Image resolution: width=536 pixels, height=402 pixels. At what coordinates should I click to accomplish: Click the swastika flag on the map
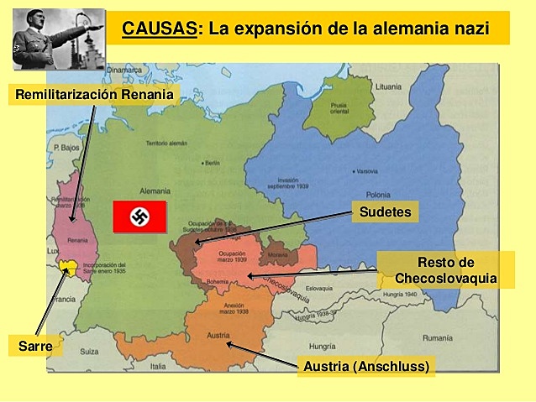point(139,217)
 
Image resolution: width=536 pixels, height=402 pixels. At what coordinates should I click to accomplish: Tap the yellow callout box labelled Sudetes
point(385,211)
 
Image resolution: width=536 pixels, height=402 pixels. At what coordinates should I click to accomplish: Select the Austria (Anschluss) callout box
point(366,366)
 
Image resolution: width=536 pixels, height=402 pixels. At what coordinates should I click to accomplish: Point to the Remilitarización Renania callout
point(94,95)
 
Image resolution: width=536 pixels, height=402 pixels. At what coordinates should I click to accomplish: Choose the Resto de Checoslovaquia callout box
point(445,269)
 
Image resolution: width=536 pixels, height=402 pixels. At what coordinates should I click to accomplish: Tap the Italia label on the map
point(158,367)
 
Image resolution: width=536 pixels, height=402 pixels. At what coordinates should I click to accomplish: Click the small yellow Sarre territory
point(68,267)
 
